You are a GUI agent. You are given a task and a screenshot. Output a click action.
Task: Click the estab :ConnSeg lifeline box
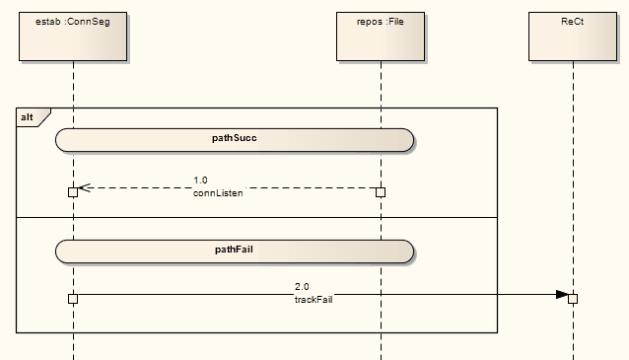(72, 36)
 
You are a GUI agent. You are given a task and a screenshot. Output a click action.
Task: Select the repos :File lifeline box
(381, 36)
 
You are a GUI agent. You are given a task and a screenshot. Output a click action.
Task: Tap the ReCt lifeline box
(573, 36)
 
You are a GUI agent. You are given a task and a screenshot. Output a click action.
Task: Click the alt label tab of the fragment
(29, 117)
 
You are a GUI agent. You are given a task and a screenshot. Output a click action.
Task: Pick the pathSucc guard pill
(235, 139)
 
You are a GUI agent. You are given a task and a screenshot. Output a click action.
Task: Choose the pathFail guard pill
(235, 251)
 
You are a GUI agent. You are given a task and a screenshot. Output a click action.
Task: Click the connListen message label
(218, 193)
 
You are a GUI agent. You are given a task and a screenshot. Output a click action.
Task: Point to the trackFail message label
(314, 299)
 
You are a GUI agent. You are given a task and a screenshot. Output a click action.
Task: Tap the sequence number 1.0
(200, 180)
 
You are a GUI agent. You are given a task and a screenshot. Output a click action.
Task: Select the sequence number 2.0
(302, 286)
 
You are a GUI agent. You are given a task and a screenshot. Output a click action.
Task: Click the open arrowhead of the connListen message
(84, 187)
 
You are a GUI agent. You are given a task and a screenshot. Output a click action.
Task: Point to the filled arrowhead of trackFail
(562, 294)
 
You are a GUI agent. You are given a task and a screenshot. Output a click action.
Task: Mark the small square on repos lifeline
(381, 191)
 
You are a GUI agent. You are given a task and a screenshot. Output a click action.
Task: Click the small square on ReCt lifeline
(573, 298)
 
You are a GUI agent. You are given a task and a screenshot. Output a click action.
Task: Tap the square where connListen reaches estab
(73, 191)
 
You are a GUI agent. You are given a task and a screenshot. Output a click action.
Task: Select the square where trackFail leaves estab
(73, 298)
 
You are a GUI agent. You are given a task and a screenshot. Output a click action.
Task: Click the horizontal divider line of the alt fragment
(256, 217)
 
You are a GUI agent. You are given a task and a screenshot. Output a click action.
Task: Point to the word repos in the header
(371, 21)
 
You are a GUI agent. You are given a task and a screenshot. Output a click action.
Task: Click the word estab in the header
(48, 21)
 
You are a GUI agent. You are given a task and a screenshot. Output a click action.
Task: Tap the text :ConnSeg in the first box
(87, 21)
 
